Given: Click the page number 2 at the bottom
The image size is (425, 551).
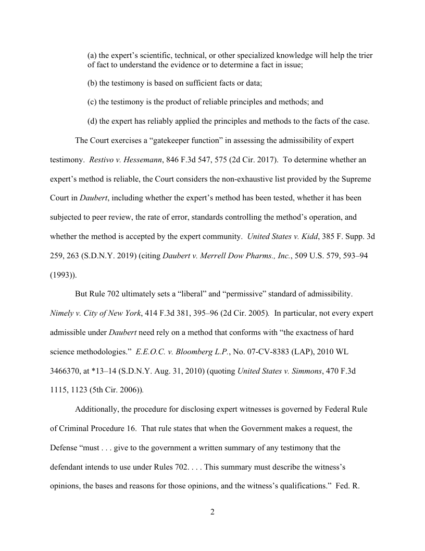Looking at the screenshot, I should pyautogui.click(x=212, y=512).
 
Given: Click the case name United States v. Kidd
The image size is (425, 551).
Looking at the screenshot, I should pyautogui.click(x=279, y=236).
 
